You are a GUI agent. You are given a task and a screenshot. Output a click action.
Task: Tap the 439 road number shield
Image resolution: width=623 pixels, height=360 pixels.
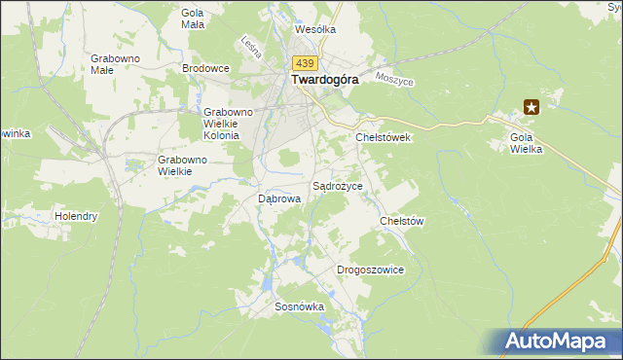coord(303,61)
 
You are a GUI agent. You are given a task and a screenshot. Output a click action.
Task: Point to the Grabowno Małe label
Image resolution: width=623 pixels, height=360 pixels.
coord(116,64)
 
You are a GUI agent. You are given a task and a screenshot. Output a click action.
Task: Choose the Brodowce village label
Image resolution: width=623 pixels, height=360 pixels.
coord(205,68)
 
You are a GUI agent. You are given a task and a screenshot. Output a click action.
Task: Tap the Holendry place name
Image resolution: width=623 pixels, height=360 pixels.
coord(76,216)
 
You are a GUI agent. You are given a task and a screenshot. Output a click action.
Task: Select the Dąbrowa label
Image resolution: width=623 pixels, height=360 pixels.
coord(278,198)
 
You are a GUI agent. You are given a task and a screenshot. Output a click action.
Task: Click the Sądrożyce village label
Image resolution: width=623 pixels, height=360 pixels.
coord(337,185)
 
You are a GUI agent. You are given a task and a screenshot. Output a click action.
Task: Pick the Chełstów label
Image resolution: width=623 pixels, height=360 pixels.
coord(402,221)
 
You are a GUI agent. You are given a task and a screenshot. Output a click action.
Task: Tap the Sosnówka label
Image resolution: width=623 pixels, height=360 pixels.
coord(299,306)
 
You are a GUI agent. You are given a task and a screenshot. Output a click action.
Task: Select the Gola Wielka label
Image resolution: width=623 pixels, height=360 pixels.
coord(526,143)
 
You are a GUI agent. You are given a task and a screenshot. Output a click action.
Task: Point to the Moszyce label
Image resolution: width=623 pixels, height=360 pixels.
coord(394,80)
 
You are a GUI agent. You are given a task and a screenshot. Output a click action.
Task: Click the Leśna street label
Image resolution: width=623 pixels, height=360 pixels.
coord(247,46)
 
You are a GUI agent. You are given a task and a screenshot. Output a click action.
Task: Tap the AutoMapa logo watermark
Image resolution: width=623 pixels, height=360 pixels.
coord(559,341)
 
